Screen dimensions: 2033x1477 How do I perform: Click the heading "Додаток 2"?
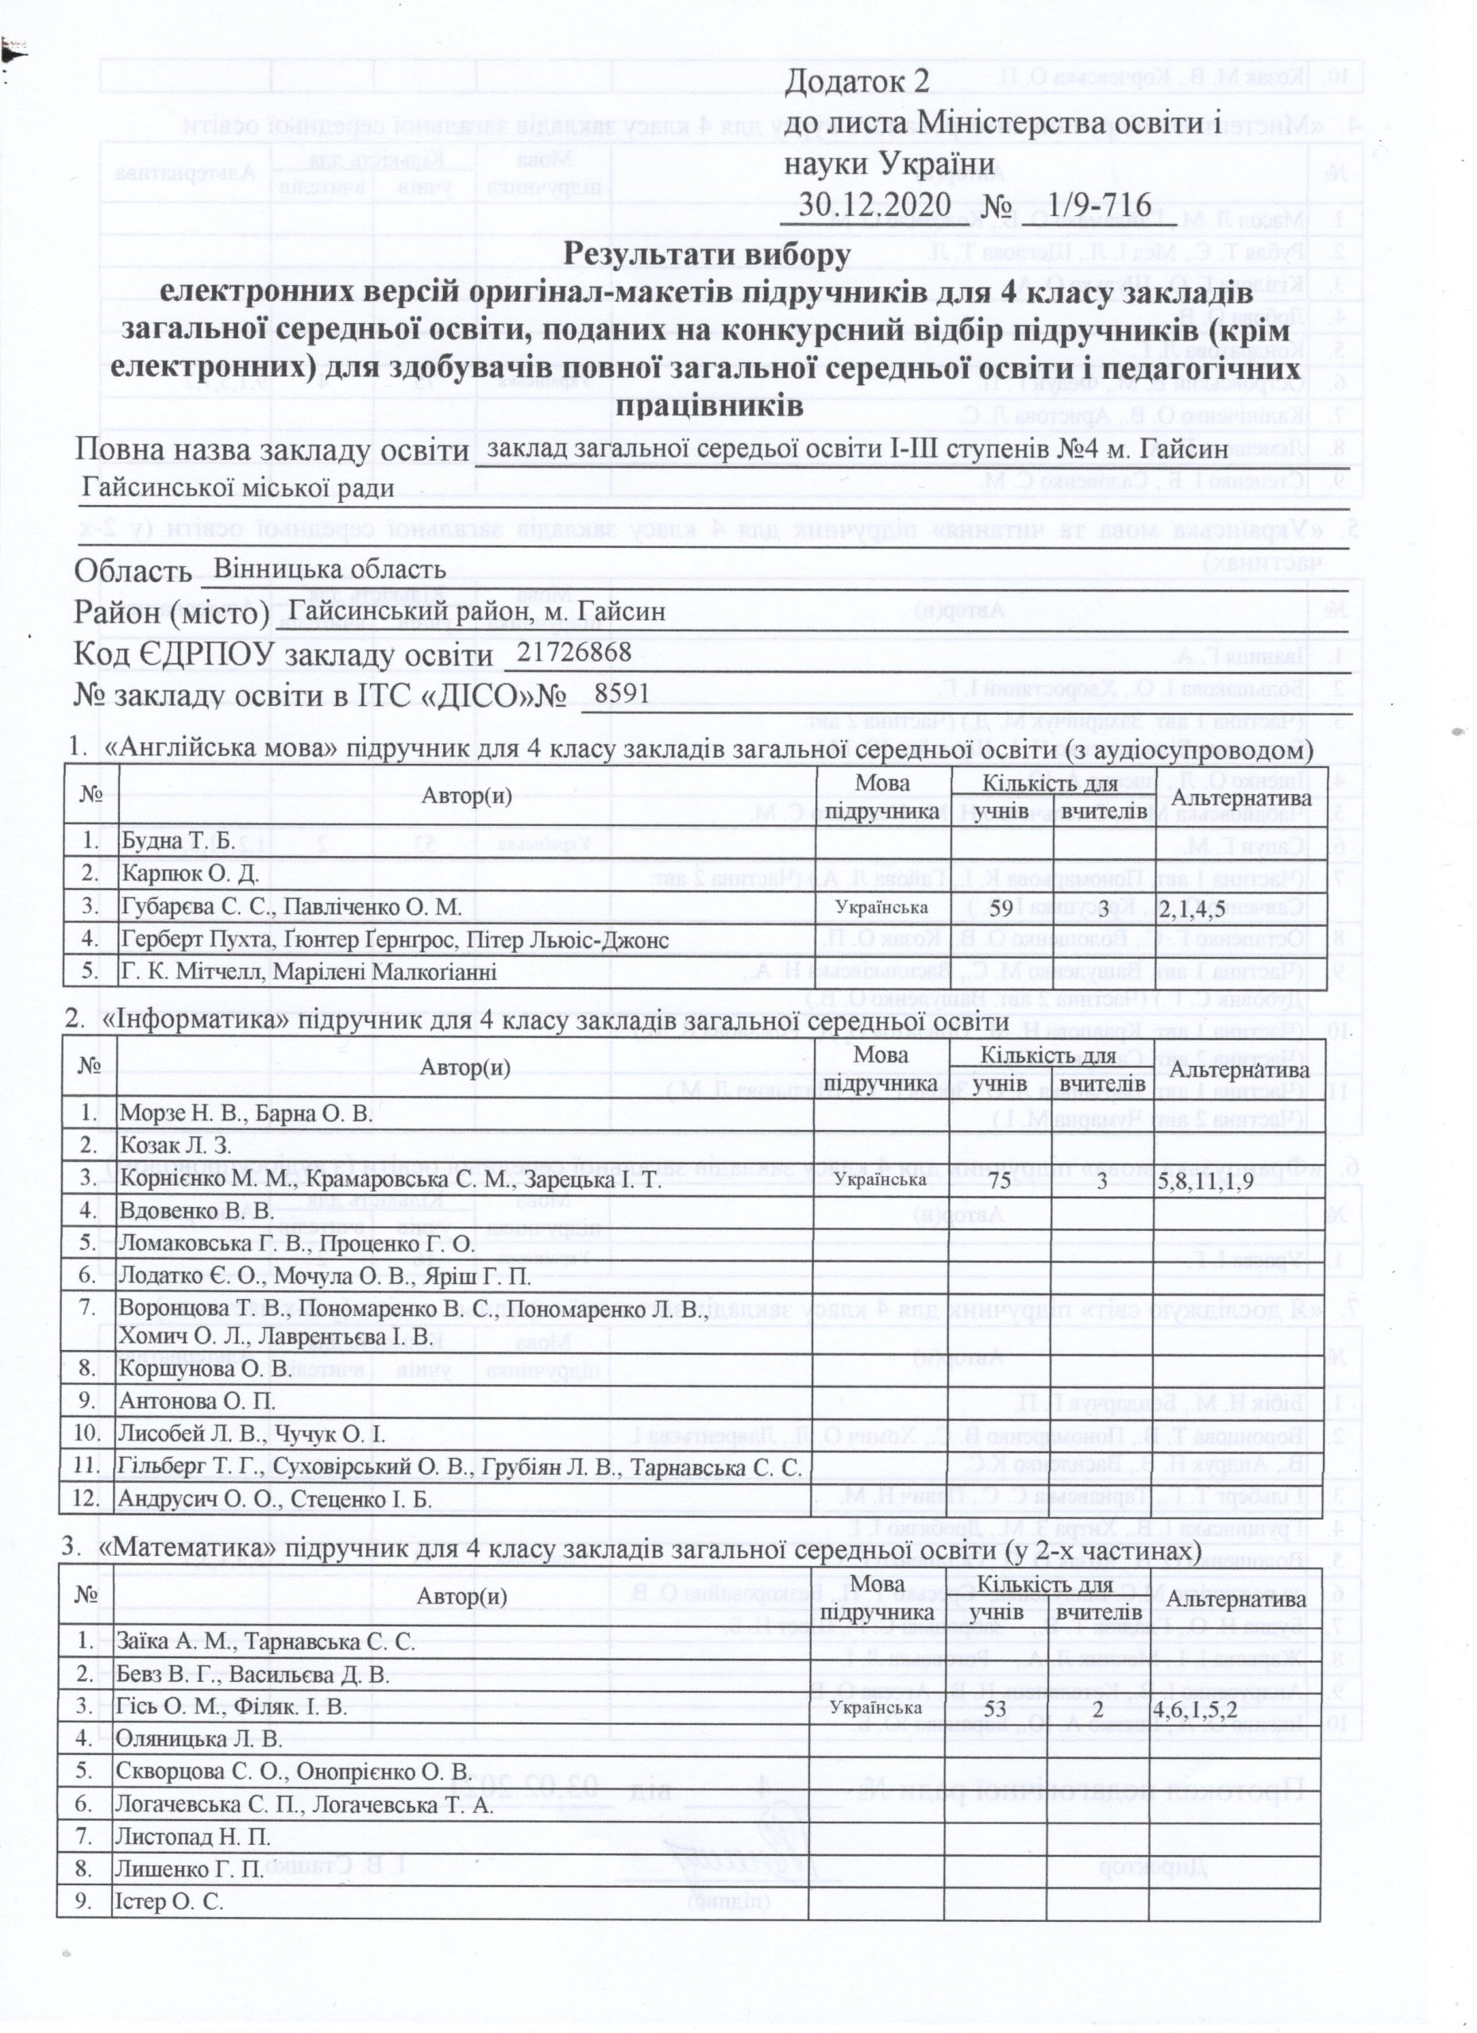858,81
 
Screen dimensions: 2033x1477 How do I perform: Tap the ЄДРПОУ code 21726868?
574,652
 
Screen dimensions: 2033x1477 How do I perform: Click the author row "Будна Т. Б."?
176,842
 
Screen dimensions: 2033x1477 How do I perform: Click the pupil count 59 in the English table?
1001,907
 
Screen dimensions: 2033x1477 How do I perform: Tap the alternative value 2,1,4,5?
1191,908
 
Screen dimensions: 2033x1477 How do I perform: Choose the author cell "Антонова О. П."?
197,1401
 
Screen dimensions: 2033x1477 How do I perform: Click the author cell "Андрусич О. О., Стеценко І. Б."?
275,1499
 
